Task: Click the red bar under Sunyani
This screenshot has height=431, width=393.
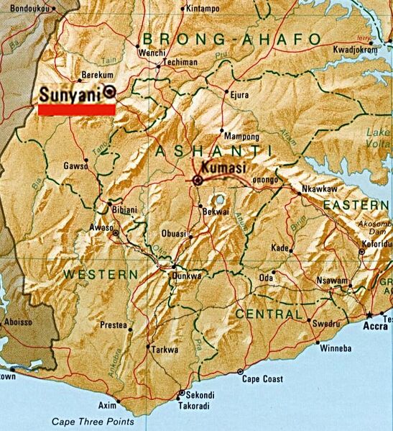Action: [x=76, y=109]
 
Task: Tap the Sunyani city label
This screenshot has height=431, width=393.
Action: [x=70, y=94]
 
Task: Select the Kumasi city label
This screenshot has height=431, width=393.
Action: [x=224, y=168]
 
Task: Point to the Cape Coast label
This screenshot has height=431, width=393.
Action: [x=262, y=379]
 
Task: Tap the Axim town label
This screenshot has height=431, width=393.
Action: [x=107, y=406]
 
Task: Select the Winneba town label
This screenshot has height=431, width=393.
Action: [x=335, y=349]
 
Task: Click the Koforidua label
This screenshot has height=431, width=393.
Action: [x=376, y=244]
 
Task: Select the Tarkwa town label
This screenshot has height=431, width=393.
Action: [x=162, y=349]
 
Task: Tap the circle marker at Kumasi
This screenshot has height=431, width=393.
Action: [x=197, y=179]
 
